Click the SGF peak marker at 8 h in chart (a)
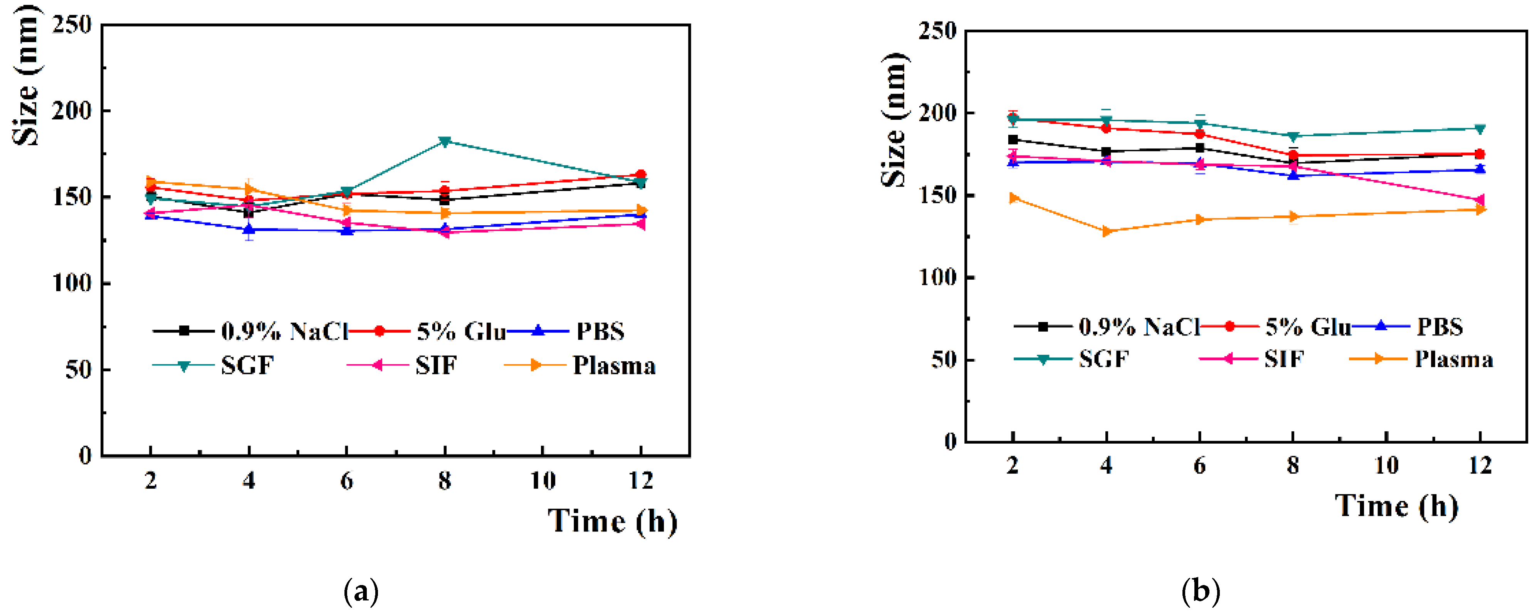point(445,142)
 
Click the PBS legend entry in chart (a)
point(599,331)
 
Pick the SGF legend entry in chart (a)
point(247,365)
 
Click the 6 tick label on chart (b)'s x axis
point(1199,465)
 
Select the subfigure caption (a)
point(361,592)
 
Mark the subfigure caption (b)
point(1201,592)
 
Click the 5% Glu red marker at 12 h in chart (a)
point(641,174)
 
